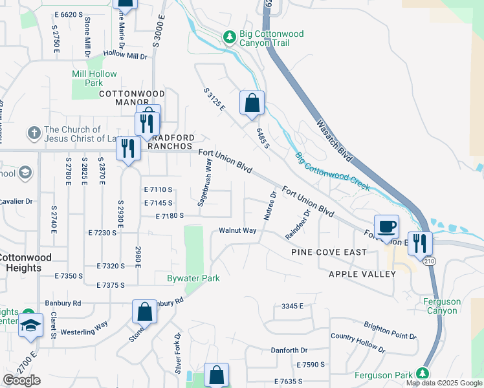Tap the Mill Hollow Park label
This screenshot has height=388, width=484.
coord(87,78)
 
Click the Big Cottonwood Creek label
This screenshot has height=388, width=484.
coord(332,171)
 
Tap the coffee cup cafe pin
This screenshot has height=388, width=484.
coord(386,227)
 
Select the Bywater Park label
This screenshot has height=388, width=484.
coord(195,279)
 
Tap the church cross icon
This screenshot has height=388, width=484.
coord(34,134)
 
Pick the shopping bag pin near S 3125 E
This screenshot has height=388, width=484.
coord(252,103)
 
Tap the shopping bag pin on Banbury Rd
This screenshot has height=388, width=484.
coord(144,312)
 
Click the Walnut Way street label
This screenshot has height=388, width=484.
coord(237,230)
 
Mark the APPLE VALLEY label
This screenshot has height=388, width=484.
coord(362,274)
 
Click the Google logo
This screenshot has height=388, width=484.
coord(21,380)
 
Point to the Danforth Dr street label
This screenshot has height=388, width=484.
coord(289,350)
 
